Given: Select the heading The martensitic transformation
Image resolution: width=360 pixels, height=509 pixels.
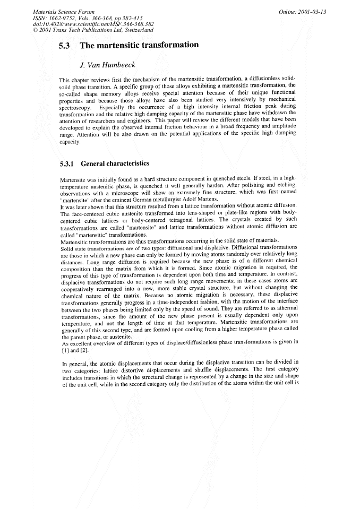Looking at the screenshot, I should pyautogui.click(x=139, y=46).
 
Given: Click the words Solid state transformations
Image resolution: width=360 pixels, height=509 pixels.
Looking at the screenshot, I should pyautogui.click(x=95, y=248).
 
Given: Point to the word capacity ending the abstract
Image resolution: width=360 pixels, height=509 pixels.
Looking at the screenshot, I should pyautogui.click(x=70, y=142).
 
